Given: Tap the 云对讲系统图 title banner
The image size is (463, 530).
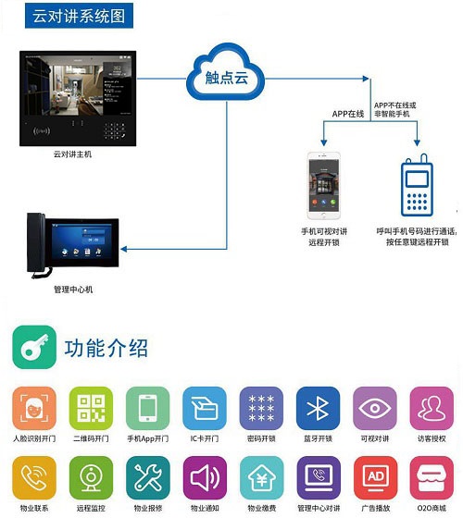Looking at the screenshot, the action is point(79,16).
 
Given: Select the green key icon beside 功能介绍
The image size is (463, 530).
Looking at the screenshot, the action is point(34,347).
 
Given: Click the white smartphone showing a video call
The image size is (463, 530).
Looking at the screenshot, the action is point(323,186).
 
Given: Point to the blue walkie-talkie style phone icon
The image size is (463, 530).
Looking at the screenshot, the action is point(417,185).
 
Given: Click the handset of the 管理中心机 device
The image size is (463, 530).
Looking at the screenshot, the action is point(36,242).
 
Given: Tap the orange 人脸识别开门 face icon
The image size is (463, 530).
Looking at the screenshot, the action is point(34,408).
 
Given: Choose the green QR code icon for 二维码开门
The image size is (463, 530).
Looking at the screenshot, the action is point(91,408).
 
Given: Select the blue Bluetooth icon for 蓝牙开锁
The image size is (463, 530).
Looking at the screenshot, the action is point(318,408).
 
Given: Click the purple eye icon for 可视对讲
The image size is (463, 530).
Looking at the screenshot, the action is point(375,408).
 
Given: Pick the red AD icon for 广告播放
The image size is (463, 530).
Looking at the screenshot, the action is point(376,478).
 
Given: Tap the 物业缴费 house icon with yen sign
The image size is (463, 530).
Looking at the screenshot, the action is point(262,478).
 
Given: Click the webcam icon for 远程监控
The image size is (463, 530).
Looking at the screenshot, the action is point(91,478).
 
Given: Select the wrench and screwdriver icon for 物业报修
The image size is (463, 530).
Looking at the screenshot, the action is point(148,478).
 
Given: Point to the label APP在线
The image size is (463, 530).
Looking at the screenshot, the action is point(347,114).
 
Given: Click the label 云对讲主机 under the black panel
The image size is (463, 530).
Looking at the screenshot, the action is point(72,154).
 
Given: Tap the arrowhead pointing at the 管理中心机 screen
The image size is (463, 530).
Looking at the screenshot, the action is point(124,249).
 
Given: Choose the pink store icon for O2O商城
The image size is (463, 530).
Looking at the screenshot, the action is point(432,478).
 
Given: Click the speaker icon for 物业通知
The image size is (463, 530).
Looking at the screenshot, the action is point(205,478).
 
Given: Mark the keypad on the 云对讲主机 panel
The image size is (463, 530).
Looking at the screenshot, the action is point(114,130).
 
